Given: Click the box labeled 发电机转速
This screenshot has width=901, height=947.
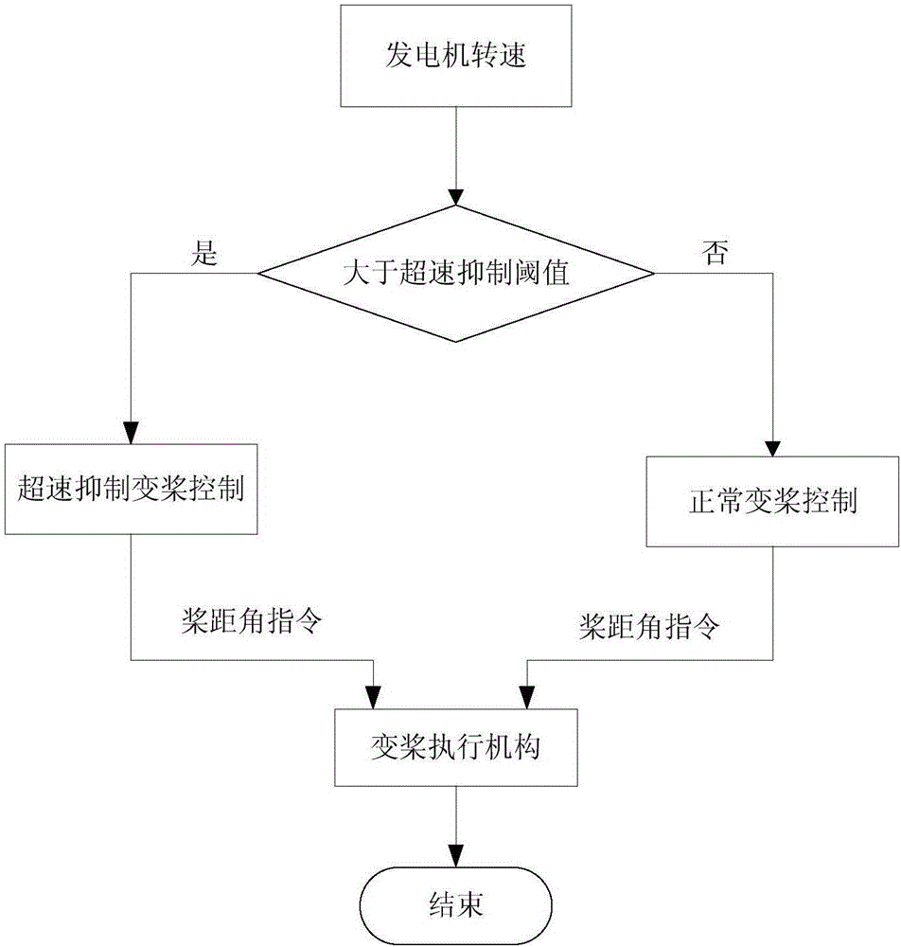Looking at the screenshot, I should (455, 56).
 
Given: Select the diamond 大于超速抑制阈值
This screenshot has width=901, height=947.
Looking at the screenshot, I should (455, 275).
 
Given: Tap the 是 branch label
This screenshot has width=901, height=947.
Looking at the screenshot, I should (204, 254).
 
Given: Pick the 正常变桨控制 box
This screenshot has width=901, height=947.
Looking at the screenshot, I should (772, 501).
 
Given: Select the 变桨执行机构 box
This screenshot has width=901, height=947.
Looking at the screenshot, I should (455, 748).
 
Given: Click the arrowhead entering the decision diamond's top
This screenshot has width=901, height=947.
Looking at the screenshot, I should (456, 198).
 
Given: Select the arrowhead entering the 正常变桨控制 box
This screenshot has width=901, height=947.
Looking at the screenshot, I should (773, 447).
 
